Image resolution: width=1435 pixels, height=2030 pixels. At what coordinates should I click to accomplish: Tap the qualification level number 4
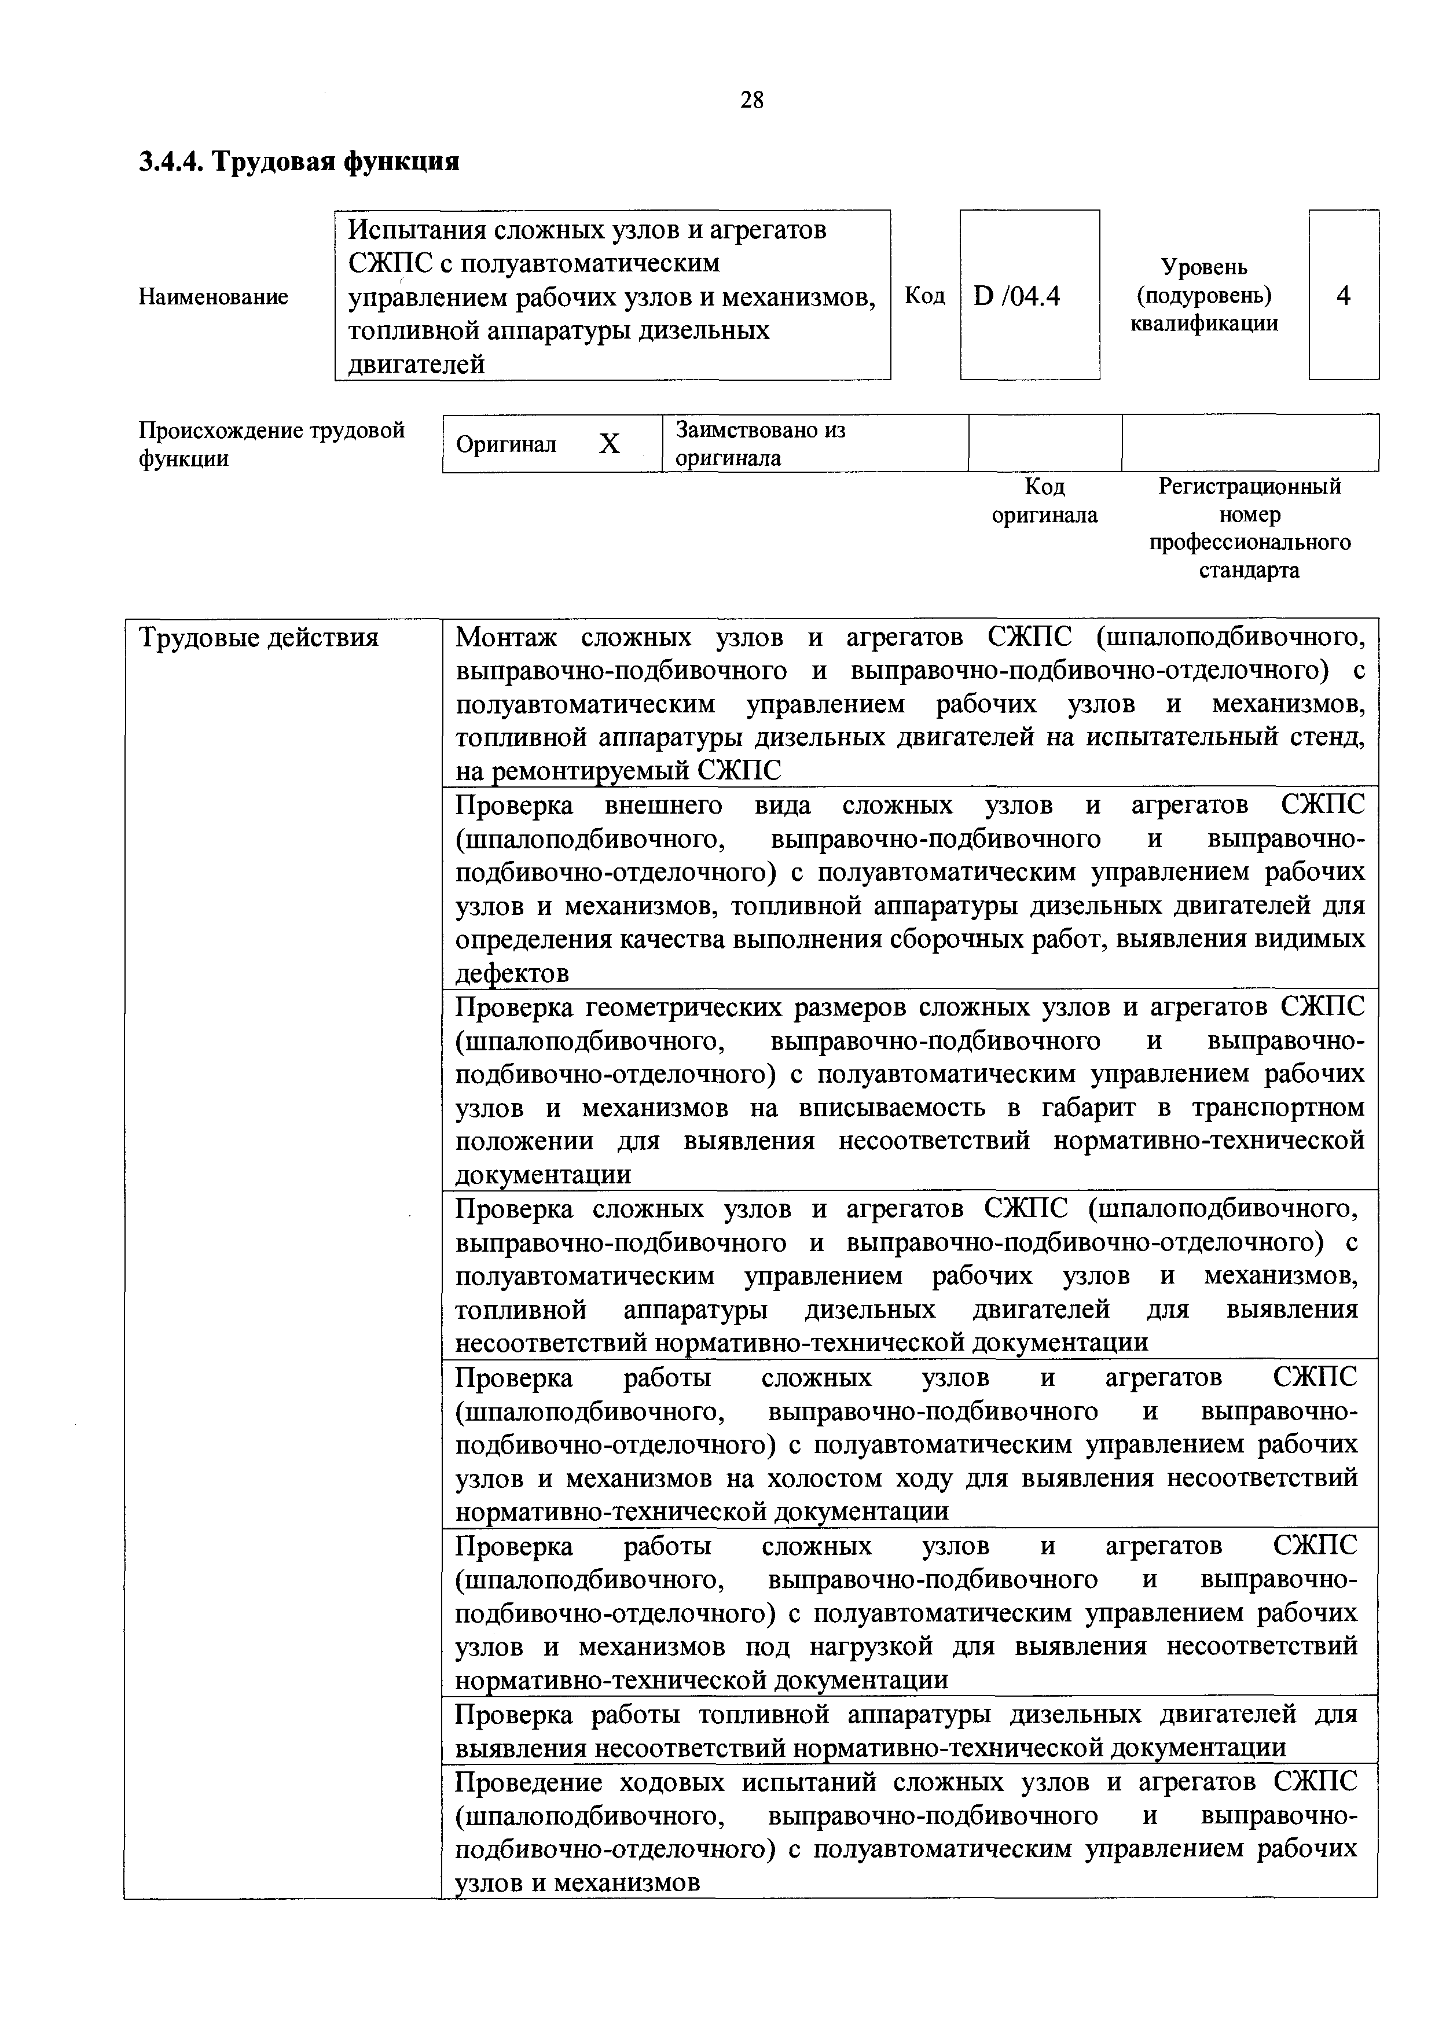click(x=1343, y=295)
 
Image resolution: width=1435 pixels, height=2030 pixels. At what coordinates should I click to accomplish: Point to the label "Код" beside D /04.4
click(x=925, y=295)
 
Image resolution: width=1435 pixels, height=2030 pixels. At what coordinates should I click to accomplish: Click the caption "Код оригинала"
click(x=1044, y=501)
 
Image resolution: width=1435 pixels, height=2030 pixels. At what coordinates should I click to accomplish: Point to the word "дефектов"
click(x=512, y=973)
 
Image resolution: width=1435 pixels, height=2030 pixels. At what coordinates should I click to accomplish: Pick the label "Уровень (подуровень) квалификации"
click(x=1203, y=295)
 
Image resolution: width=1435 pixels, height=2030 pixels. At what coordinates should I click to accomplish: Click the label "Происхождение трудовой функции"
click(x=271, y=444)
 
